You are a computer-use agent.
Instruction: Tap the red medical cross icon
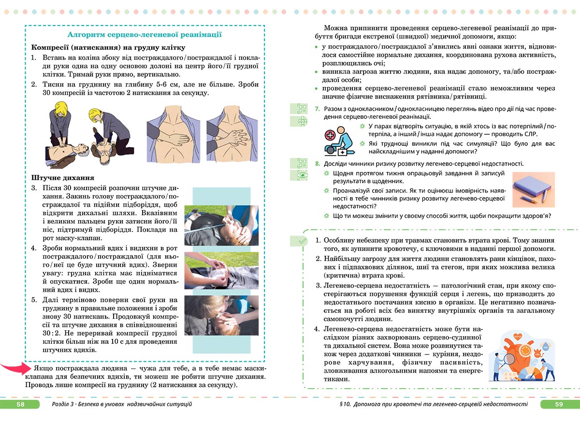coord(331,135)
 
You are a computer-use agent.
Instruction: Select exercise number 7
coord(317,109)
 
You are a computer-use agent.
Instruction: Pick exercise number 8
coord(317,164)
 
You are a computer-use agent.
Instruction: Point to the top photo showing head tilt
coord(221,224)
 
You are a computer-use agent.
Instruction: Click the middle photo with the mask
coord(221,270)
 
